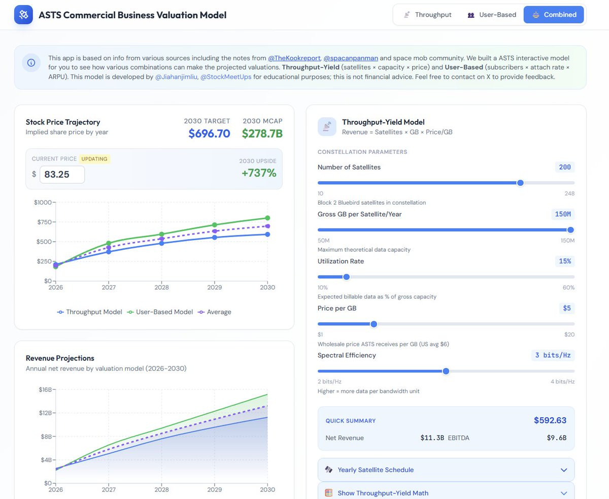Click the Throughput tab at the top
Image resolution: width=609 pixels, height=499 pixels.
(428, 15)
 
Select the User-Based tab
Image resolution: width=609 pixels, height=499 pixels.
(492, 15)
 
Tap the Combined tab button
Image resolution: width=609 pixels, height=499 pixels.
(554, 15)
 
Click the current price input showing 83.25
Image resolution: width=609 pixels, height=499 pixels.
(62, 175)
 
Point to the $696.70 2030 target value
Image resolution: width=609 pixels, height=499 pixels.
(209, 134)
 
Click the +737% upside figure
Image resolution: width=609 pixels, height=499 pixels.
(259, 173)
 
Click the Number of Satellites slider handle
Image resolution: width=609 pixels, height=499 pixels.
(520, 183)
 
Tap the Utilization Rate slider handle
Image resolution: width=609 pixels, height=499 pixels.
(347, 277)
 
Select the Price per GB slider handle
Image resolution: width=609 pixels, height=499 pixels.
(374, 324)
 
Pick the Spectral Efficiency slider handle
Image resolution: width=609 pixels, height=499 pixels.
(446, 371)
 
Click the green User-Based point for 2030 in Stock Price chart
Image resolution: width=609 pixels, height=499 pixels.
(267, 218)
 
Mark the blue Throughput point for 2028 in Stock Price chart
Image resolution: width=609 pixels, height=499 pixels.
(162, 243)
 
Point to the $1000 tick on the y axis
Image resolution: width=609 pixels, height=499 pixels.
(43, 203)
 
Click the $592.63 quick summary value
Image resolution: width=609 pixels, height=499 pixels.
(550, 420)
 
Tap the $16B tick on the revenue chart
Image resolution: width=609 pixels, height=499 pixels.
(45, 390)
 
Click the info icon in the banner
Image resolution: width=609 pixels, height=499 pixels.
(31, 63)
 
